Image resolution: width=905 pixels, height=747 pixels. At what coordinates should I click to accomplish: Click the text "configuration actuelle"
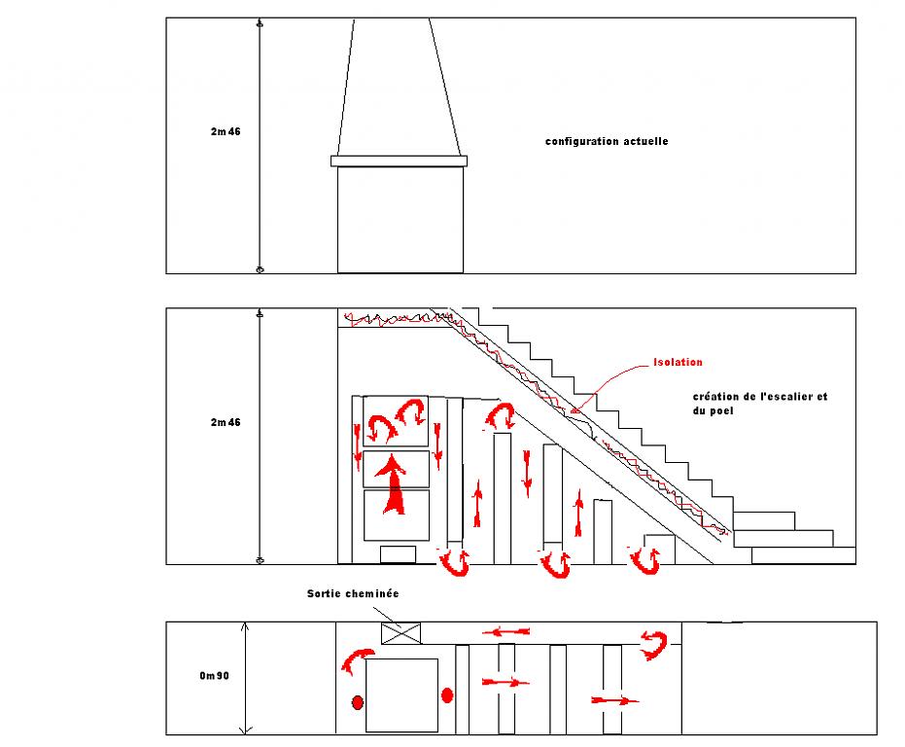[x=607, y=142]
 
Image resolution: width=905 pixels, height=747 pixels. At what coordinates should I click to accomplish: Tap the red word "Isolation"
[x=679, y=363]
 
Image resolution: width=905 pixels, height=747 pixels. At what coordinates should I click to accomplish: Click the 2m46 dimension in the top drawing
[x=226, y=132]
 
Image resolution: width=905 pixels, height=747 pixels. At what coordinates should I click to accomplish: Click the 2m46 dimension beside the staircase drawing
[x=226, y=422]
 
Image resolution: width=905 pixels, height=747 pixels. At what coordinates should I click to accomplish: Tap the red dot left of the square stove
[x=358, y=702]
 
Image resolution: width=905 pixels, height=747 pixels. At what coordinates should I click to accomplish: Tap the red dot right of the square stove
[x=447, y=694]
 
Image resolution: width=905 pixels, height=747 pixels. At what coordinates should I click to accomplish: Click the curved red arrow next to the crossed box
[x=355, y=661]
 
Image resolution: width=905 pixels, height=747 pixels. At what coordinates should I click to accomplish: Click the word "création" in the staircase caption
[x=715, y=397]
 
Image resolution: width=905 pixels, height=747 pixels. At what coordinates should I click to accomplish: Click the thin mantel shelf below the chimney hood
[x=399, y=160]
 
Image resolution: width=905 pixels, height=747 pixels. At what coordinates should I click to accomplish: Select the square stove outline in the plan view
[x=400, y=694]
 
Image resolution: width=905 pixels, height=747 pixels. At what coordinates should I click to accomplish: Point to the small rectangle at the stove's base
[x=398, y=554]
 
